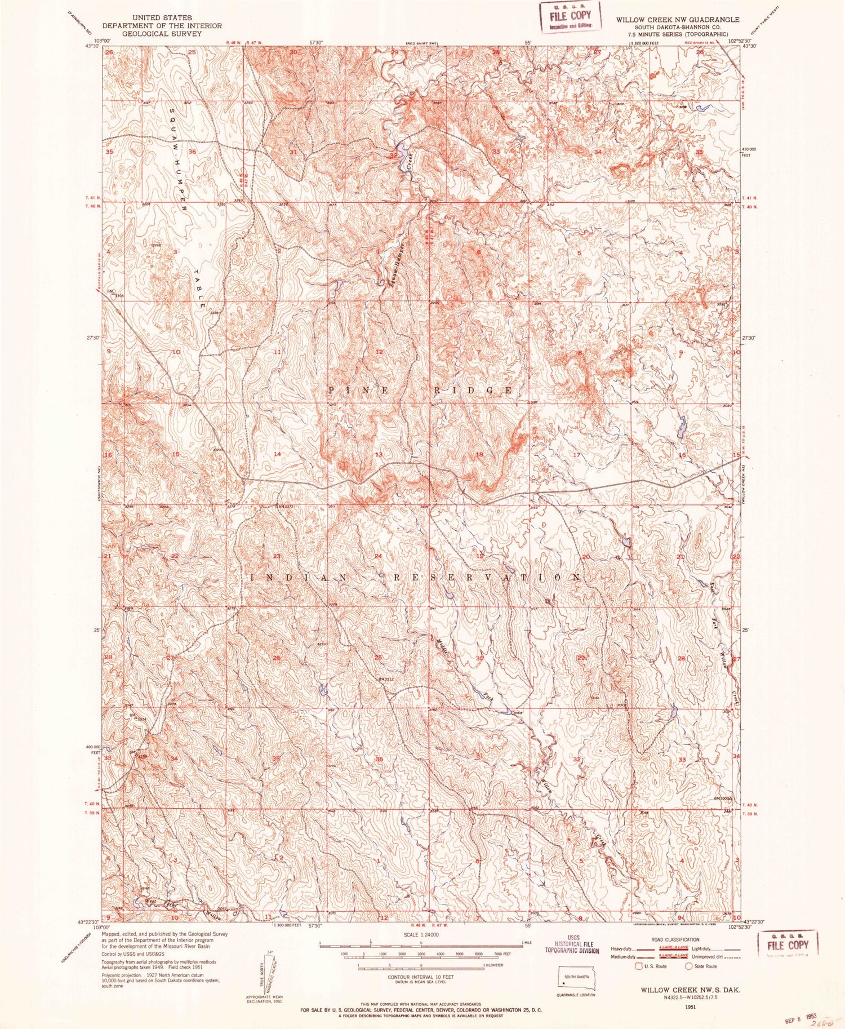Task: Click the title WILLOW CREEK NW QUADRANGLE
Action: (677, 20)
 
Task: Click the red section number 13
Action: (380, 454)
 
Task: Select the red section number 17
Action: (576, 454)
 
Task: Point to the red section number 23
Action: (277, 557)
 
